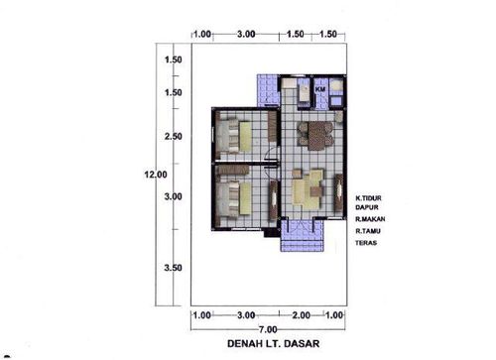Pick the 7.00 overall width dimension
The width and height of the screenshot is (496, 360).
click(x=268, y=328)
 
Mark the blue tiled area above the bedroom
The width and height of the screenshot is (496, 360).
click(x=266, y=89)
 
